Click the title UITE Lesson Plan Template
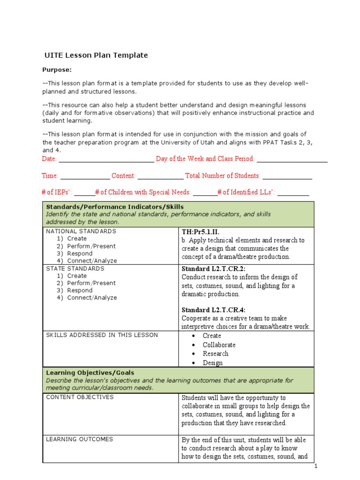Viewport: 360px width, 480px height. coord(96,55)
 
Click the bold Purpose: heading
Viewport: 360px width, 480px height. coord(57,70)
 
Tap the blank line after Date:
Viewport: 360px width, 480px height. coord(106,159)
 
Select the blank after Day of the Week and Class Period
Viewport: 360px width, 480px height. coord(292,159)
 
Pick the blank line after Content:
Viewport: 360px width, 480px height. coord(160,176)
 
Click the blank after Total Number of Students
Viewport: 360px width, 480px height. coord(287,176)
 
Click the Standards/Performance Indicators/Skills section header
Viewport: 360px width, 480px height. coord(114,207)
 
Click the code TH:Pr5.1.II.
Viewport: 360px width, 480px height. coord(200,232)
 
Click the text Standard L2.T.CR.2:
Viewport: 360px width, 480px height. coord(213,270)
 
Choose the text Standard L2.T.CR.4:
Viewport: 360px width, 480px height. coord(213,310)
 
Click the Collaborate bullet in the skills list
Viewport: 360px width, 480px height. coord(219,345)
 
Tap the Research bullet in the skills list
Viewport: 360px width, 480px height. coord(216,354)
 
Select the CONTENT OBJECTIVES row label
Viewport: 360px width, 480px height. coord(80,397)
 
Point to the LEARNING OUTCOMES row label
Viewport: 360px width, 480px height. coord(79,439)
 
